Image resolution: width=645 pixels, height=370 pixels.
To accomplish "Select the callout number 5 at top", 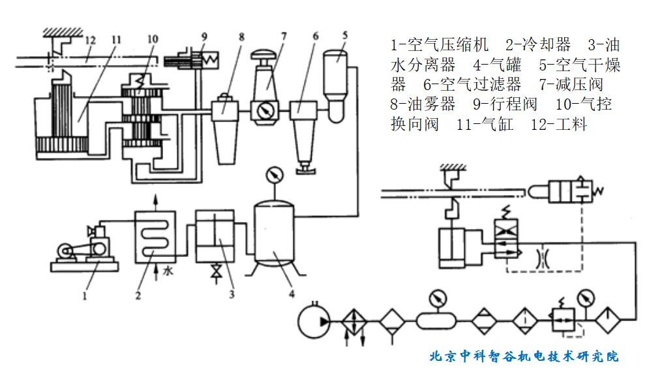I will point(344,35).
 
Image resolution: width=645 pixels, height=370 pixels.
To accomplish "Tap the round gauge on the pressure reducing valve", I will point(265,110).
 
